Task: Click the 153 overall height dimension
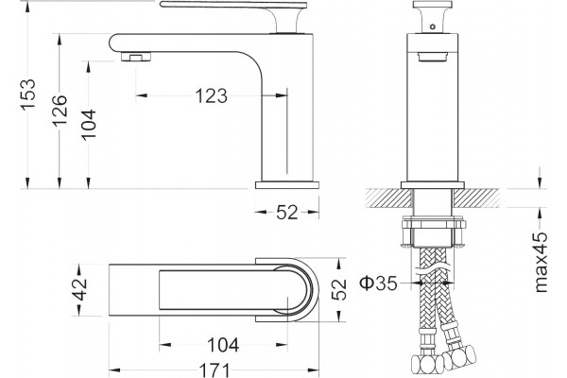pos(27,94)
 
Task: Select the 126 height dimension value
pos(60,111)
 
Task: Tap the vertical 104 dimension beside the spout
pos(88,125)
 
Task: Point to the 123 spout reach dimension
pos(212,96)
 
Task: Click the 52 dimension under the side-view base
pos(287,213)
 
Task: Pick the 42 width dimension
pos(80,289)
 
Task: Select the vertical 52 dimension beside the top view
pos(339,289)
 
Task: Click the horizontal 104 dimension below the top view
pos(223,345)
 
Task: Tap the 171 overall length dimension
pos(215,370)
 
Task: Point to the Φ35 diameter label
pos(378,283)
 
